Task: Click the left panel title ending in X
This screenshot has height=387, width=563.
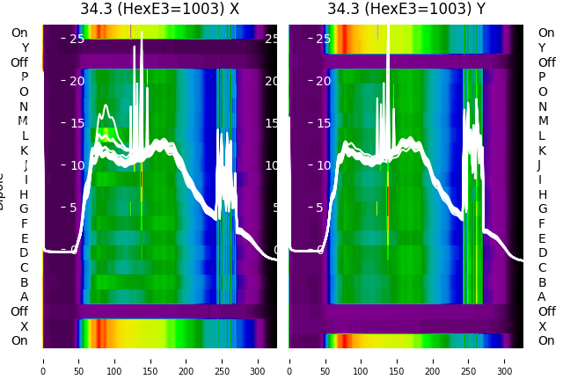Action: [159, 10]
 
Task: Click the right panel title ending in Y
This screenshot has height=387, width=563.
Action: [406, 10]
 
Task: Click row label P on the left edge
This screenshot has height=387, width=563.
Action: [24, 77]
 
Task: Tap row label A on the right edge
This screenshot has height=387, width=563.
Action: [542, 296]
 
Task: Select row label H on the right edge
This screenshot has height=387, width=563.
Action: [542, 194]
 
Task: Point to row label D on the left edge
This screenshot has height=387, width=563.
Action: [24, 253]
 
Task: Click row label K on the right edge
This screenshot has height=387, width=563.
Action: [542, 150]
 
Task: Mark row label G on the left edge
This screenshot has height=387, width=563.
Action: [24, 209]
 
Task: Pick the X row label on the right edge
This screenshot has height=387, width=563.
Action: [542, 326]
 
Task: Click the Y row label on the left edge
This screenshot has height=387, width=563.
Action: [24, 48]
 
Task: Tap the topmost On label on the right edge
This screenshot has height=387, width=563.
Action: [546, 33]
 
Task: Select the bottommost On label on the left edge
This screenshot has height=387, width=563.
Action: [19, 341]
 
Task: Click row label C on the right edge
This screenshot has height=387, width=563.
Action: [542, 267]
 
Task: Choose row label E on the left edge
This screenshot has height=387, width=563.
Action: [24, 238]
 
